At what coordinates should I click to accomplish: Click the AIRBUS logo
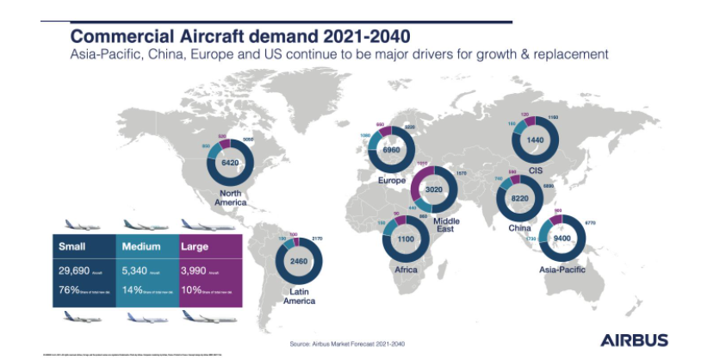(633, 340)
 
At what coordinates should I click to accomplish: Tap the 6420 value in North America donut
(230, 162)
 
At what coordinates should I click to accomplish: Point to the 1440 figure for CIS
(537, 139)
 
